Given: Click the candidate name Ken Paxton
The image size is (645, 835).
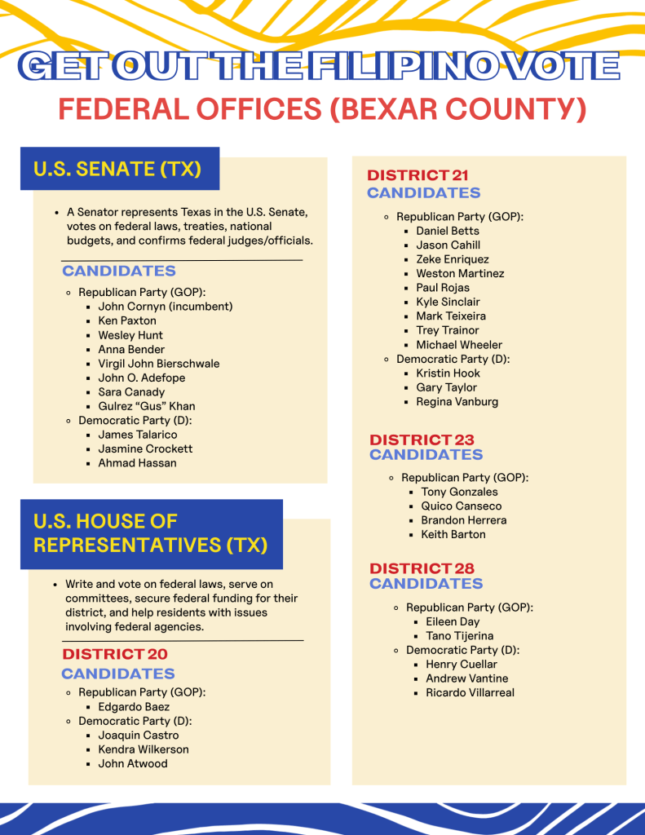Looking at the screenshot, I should pyautogui.click(x=126, y=320).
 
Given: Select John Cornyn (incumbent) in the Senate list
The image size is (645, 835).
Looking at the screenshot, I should pyautogui.click(x=165, y=307).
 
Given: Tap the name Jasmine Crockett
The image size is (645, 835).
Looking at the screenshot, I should pyautogui.click(x=145, y=448).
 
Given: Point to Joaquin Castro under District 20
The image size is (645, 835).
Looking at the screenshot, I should pyautogui.click(x=138, y=736).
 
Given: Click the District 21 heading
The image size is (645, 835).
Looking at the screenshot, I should pyautogui.click(x=417, y=175).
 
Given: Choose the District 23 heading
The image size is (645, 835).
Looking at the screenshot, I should pyautogui.click(x=422, y=440).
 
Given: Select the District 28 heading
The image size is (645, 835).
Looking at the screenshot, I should pyautogui.click(x=422, y=568).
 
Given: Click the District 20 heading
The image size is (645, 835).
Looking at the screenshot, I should pyautogui.click(x=115, y=654).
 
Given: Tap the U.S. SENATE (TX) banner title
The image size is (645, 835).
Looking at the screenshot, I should pyautogui.click(x=117, y=169).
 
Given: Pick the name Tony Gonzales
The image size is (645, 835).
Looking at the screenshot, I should pyautogui.click(x=459, y=492).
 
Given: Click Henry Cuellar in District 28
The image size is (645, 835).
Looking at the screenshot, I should pyautogui.click(x=461, y=664).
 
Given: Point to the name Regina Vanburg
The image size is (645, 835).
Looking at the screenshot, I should pyautogui.click(x=457, y=401).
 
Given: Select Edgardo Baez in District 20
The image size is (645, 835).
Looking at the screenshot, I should pyautogui.click(x=134, y=707).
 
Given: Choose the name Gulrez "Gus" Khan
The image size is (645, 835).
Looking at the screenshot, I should pyautogui.click(x=146, y=406).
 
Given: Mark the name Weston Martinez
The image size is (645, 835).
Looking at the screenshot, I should pyautogui.click(x=460, y=273).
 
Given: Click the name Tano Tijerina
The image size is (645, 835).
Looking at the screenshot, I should pyautogui.click(x=459, y=636).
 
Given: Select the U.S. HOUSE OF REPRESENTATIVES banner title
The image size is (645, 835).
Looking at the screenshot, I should pyautogui.click(x=150, y=533).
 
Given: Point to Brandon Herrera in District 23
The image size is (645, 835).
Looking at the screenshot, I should pyautogui.click(x=463, y=520).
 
